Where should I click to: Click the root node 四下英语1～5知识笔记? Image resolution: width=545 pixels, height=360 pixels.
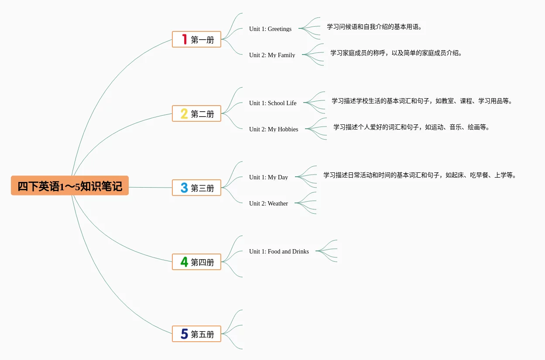pos(70,186)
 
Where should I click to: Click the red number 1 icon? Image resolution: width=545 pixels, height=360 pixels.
pos(185,39)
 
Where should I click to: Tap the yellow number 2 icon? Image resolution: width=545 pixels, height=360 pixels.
pos(184,114)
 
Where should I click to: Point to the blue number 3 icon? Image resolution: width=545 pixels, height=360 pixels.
pos(184,188)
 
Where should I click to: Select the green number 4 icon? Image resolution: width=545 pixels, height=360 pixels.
pos(184,262)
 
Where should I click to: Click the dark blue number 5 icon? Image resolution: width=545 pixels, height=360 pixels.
pos(184,334)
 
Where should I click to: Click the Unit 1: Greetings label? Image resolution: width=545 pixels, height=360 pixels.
pos(270,29)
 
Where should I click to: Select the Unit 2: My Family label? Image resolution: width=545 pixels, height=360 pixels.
pos(272,55)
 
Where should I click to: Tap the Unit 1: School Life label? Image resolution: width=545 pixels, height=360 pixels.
pos(273,103)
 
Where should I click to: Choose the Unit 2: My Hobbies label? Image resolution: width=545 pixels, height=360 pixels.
pos(274,129)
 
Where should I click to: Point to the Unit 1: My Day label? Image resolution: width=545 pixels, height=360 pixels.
pos(268,177)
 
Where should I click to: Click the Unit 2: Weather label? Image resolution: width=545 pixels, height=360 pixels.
pos(268,203)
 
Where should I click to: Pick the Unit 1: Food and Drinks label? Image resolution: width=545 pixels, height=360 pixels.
pos(279,251)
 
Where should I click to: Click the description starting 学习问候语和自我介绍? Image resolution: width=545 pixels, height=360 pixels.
pos(374,27)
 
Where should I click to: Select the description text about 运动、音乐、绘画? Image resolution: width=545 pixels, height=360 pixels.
pos(411,127)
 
